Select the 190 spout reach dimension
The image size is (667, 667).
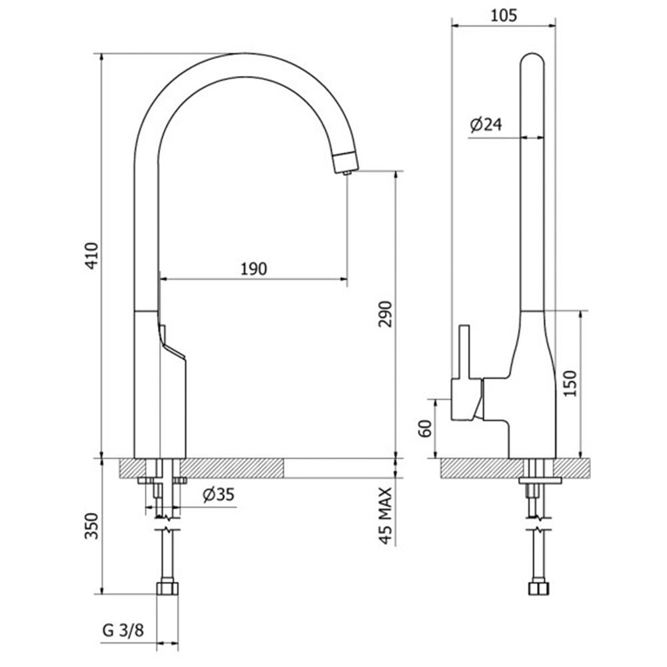coord(254,269)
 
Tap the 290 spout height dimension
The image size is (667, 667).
coord(386,314)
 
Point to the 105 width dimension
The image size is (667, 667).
coord(504,16)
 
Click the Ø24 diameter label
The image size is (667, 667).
coord(486,124)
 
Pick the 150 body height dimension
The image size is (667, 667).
coord(570,384)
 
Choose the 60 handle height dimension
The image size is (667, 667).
coord(425,428)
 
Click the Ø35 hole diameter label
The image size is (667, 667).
coord(219,495)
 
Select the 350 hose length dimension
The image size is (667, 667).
coord(91,526)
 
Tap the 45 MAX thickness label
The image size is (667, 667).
coord(386,516)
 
